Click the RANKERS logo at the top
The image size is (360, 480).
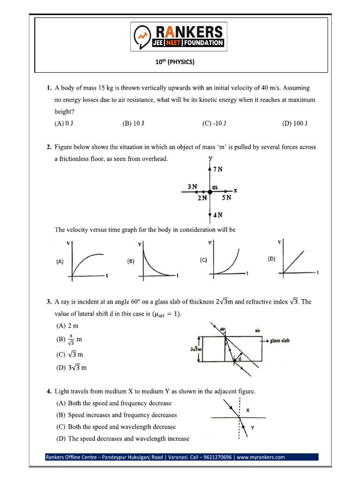(x=180, y=37)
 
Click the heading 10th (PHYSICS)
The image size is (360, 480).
(x=180, y=62)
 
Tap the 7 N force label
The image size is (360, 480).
(x=217, y=170)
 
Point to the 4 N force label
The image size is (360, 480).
(x=217, y=215)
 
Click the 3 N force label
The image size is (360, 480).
(x=192, y=186)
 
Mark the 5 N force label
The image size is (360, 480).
(x=226, y=198)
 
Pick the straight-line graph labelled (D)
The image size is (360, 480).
(x=298, y=260)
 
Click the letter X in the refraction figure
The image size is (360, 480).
(x=248, y=409)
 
